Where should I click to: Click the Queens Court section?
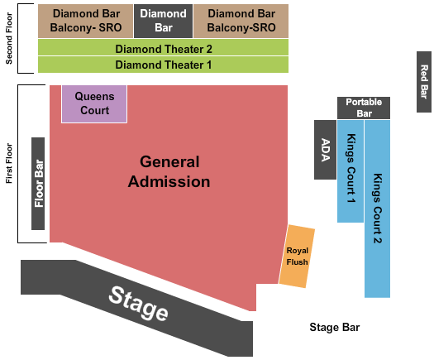pyautogui.click(x=94, y=103)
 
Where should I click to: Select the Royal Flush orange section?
pyautogui.click(x=297, y=257)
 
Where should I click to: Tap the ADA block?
pyautogui.click(x=325, y=150)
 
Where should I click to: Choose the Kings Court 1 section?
pyautogui.click(x=351, y=171)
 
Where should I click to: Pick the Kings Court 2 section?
pyautogui.click(x=377, y=209)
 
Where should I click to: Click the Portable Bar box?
pyautogui.click(x=364, y=108)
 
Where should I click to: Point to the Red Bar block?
pyautogui.click(x=424, y=82)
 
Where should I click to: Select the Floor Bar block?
pyautogui.click(x=38, y=184)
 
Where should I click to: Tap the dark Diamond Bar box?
pyautogui.click(x=164, y=21)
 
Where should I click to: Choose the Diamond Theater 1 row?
pyautogui.click(x=164, y=65)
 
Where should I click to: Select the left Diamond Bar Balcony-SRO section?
pyautogui.click(x=85, y=21)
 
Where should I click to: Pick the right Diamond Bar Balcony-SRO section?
pyautogui.click(x=241, y=21)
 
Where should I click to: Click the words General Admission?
pyautogui.click(x=169, y=171)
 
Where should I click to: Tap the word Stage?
pyautogui.click(x=138, y=303)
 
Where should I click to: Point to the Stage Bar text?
pyautogui.click(x=335, y=327)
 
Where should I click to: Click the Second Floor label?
pyautogui.click(x=9, y=39)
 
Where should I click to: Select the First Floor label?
pyautogui.click(x=9, y=163)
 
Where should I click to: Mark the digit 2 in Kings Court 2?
pyautogui.click(x=377, y=239)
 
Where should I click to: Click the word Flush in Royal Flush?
pyautogui.click(x=297, y=262)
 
